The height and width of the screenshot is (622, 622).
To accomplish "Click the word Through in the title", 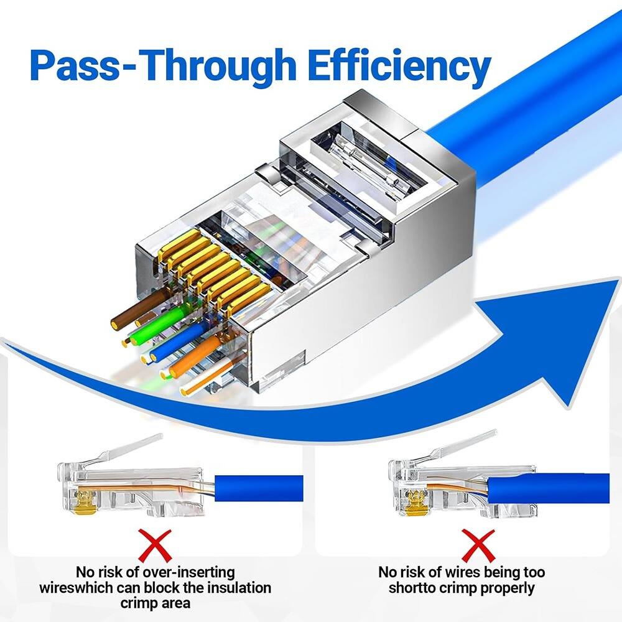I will (x=221, y=65).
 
